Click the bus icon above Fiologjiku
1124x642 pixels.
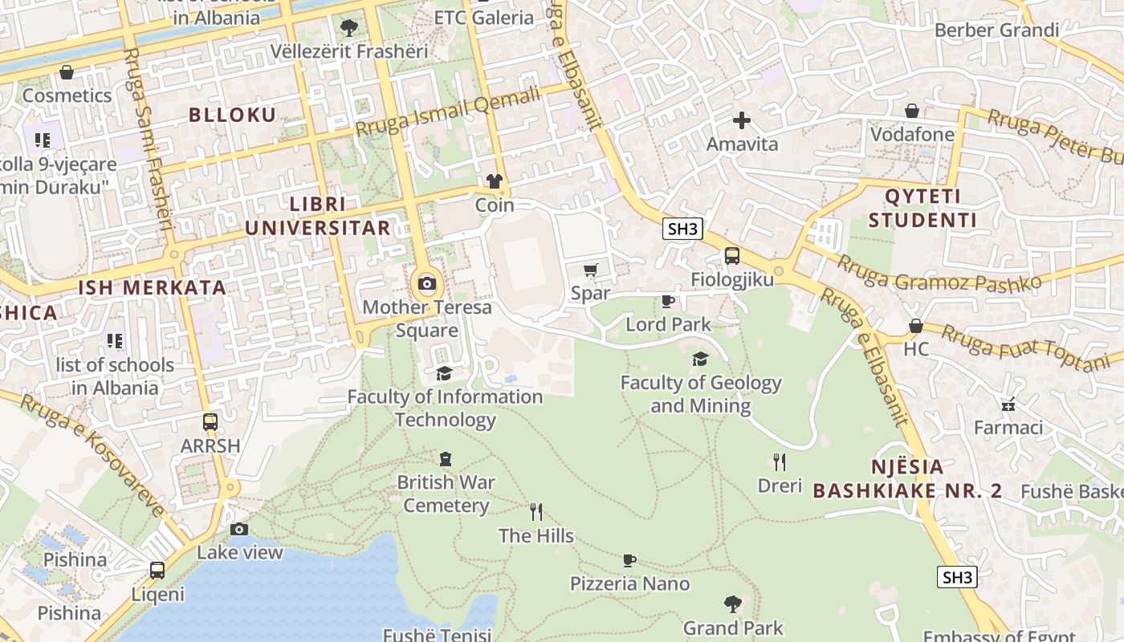point(731,256)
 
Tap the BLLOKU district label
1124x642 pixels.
point(232,115)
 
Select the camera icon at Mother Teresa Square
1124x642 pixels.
point(427,283)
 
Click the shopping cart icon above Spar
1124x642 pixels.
point(591,270)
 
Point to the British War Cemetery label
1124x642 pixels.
point(446,494)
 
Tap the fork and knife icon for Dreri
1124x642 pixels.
point(778,461)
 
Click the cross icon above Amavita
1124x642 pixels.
point(742,120)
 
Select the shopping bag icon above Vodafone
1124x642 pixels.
point(912,111)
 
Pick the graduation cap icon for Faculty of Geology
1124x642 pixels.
point(700,359)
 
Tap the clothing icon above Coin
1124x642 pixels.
point(495,181)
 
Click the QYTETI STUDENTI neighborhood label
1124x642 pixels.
point(922,209)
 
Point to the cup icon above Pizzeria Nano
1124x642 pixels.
point(629,560)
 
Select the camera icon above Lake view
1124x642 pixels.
point(239,529)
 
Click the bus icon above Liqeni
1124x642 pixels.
point(157,571)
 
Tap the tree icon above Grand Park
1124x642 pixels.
point(732,603)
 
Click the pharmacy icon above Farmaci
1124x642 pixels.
point(1008,404)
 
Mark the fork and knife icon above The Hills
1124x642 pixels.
point(536,511)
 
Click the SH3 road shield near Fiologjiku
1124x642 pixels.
point(682,229)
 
